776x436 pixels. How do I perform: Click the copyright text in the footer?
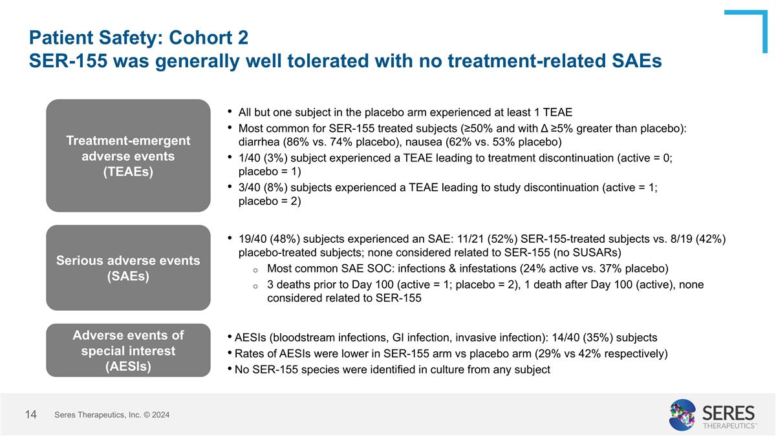pyautogui.click(x=112, y=415)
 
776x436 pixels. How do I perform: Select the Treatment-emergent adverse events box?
pyautogui.click(x=128, y=156)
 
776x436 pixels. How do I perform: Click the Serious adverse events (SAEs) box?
pyautogui.click(x=128, y=268)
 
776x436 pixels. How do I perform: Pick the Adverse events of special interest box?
pyautogui.click(x=128, y=351)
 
